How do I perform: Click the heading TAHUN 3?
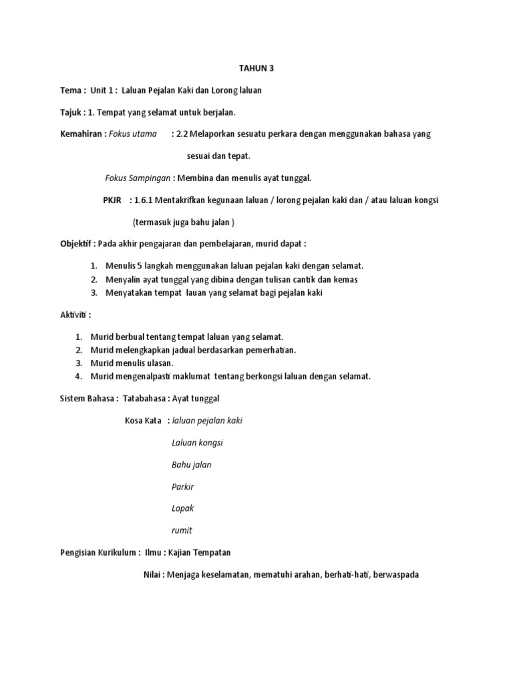click(x=256, y=68)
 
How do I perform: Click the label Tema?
click(x=71, y=90)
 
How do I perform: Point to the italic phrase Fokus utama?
click(x=132, y=134)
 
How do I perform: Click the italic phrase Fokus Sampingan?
click(x=138, y=178)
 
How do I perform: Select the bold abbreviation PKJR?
click(x=112, y=200)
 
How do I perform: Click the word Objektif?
click(x=77, y=244)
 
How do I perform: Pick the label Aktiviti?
click(x=74, y=315)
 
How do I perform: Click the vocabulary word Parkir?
click(x=182, y=486)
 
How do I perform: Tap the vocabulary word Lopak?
click(x=182, y=508)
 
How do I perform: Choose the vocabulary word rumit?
click(x=182, y=530)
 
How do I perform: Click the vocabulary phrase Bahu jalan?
click(x=192, y=464)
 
